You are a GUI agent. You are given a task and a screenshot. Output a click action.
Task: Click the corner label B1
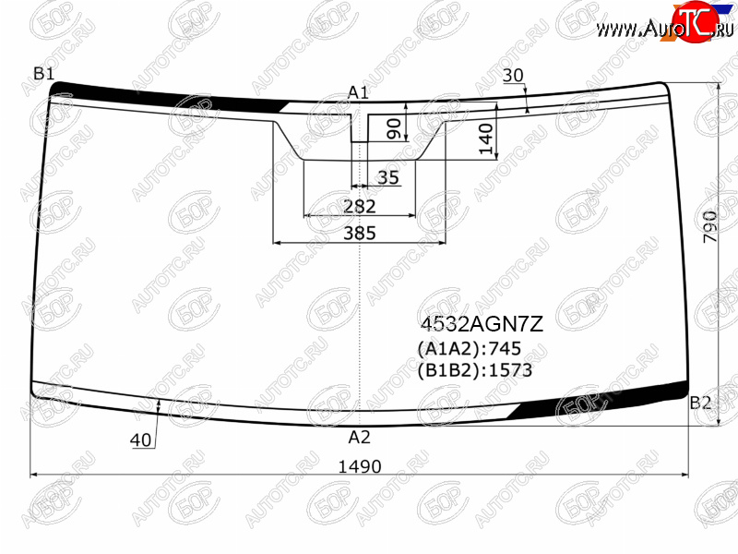pos(43,74)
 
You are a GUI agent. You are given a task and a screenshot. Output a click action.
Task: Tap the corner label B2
pos(700,403)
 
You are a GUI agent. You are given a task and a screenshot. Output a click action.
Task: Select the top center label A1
pos(358,92)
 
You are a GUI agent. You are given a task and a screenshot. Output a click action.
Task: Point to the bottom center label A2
pos(359,438)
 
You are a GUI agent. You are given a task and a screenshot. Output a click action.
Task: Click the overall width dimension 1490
pos(360,466)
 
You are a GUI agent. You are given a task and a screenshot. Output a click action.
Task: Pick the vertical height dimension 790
pos(709,226)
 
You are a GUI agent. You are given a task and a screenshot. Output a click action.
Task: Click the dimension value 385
pos(360,233)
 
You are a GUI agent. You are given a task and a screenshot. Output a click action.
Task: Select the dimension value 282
pos(360,206)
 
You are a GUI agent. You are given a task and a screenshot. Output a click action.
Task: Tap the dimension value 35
pos(388,177)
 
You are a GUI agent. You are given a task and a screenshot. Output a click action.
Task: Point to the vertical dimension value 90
pos(394,128)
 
